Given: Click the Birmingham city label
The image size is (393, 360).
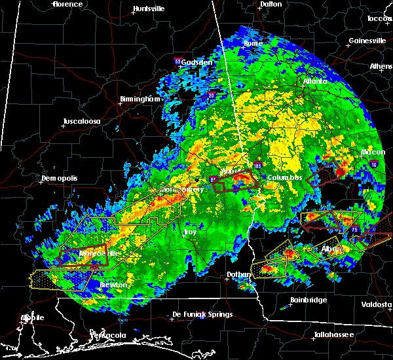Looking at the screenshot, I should click(x=140, y=99).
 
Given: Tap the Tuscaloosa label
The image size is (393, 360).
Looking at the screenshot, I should click(x=81, y=122).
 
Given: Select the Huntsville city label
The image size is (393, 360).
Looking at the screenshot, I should click(x=149, y=9).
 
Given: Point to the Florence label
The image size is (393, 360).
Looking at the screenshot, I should click(x=68, y=4).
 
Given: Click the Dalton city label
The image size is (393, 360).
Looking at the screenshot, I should click(x=271, y=4).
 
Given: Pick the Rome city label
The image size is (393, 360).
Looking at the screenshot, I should click(x=253, y=44).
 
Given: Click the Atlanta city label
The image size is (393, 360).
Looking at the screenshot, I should click(x=315, y=82).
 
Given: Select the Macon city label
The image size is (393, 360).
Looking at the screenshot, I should click(x=373, y=153).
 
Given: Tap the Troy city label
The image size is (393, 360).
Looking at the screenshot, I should click(x=190, y=232).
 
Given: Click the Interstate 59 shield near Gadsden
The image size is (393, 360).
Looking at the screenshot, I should click(x=178, y=61).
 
